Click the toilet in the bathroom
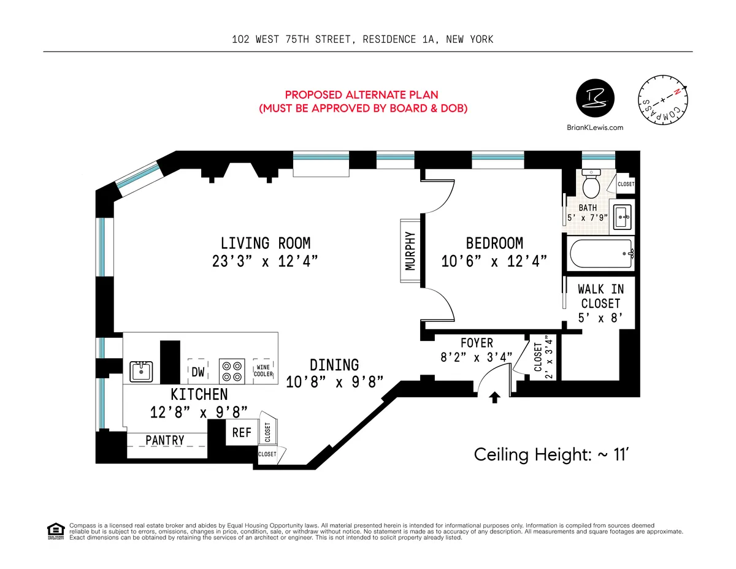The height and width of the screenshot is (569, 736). (592, 183)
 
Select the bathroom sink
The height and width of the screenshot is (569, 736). (622, 215)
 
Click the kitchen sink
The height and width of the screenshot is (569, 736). (141, 371)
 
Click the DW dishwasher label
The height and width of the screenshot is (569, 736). (197, 372)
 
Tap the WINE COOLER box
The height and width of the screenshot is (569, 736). (264, 370)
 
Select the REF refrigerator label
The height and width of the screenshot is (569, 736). (242, 432)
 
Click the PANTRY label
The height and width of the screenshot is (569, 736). (165, 440)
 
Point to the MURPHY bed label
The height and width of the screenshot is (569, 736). (410, 250)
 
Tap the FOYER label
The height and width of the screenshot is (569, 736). (476, 343)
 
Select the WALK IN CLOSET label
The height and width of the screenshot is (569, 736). (600, 296)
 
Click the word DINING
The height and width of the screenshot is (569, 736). (334, 365)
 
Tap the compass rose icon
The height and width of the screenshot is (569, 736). (662, 101)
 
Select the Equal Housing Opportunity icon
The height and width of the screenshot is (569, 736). (56, 531)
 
